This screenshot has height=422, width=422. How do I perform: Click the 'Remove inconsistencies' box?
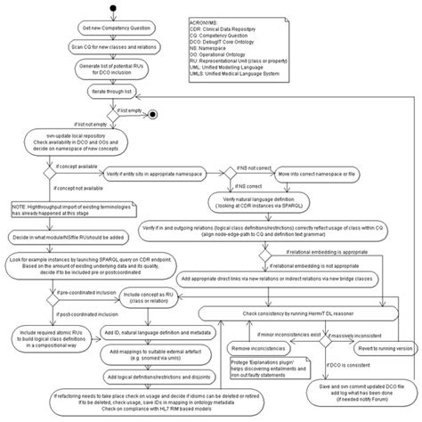point(264,347)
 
